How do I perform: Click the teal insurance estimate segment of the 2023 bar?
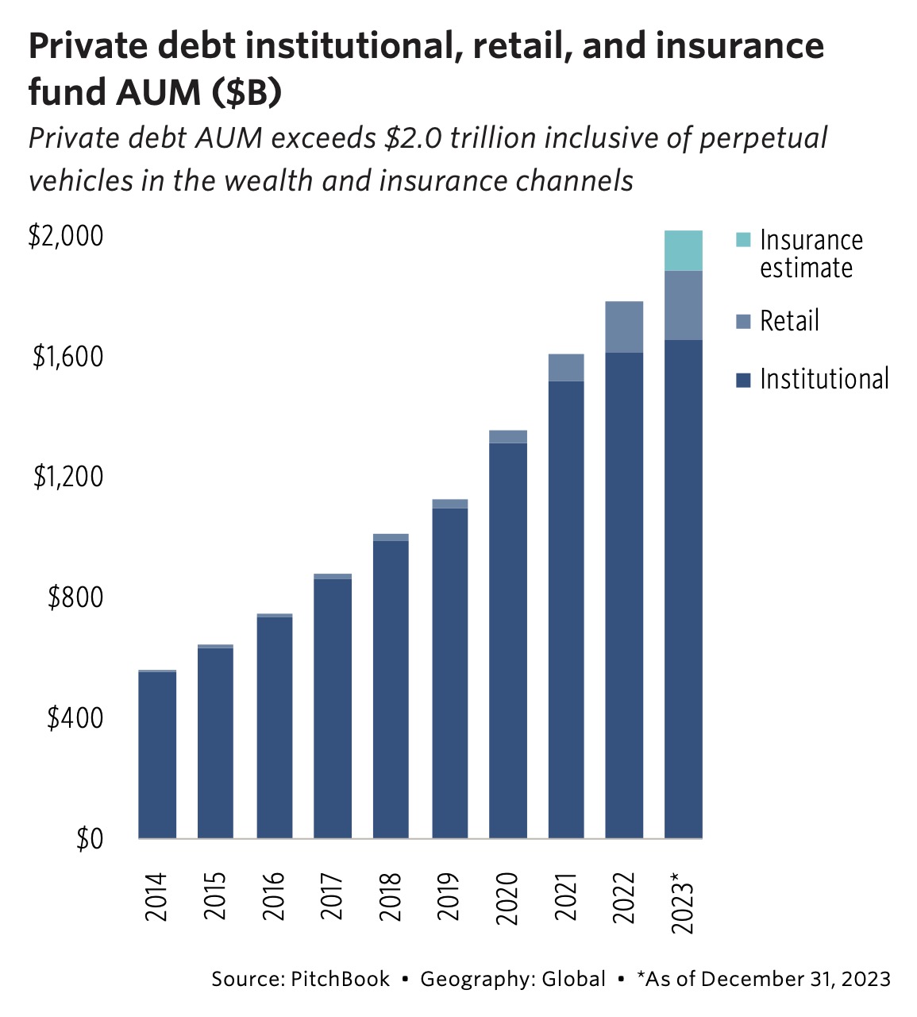click(x=683, y=250)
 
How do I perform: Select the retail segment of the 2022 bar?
click(x=624, y=327)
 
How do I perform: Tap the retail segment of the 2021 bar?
click(x=566, y=367)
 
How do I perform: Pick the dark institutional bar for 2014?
click(x=157, y=755)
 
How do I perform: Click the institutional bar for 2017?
click(x=333, y=707)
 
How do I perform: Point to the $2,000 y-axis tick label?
click(x=67, y=236)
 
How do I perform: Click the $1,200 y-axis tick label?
click(x=68, y=477)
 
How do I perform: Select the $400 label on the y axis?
click(x=75, y=718)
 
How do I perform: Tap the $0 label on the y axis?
click(x=90, y=839)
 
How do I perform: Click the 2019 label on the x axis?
click(x=449, y=896)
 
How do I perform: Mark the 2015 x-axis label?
click(x=215, y=896)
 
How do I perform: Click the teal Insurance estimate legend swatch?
click(x=743, y=240)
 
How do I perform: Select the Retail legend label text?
click(x=788, y=321)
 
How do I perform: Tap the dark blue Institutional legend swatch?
click(x=743, y=381)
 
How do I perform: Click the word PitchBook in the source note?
click(x=340, y=979)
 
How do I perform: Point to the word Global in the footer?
click(x=573, y=979)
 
